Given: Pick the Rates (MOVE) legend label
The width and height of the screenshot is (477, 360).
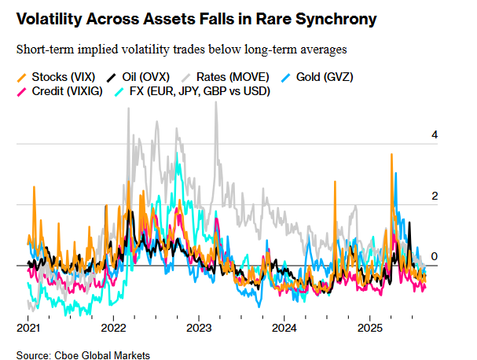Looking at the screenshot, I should coord(233,77).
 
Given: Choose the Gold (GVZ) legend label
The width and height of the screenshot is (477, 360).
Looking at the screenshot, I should coord(322,77).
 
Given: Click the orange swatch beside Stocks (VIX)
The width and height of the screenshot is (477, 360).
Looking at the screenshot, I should coord(22,77).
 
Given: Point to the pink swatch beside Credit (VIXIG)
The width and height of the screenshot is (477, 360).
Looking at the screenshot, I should coord(22,92).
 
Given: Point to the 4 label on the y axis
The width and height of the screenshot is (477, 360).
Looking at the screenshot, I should coord(433,135).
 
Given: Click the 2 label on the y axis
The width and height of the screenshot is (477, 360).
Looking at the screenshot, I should coord(433,196).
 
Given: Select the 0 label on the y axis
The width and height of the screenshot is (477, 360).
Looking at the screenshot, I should coord(433,256).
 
